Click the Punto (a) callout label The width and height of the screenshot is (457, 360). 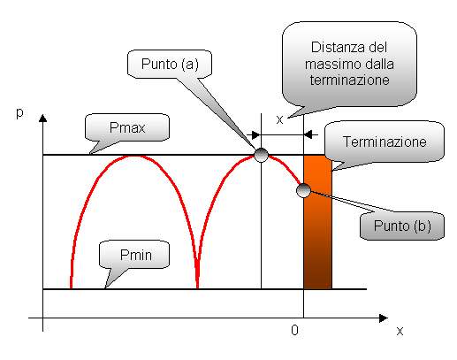pos(170,64)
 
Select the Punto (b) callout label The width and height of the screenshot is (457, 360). pos(402,226)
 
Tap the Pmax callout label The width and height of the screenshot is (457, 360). pos(127,127)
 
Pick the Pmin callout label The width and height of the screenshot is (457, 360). pos(136,255)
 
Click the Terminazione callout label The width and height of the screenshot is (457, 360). pos(385,142)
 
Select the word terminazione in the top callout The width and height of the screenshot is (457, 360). pos(349,80)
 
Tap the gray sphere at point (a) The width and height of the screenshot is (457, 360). pos(261,155)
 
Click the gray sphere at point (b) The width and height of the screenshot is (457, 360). pos(303,190)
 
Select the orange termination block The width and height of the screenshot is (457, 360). pos(317,222)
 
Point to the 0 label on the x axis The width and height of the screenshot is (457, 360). pos(294,330)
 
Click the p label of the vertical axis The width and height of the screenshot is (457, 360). pos(19,113)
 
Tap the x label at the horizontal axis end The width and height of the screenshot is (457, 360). pos(400,331)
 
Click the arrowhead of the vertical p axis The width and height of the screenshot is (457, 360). pos(43,118)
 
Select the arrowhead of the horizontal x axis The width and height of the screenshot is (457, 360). pos(384,318)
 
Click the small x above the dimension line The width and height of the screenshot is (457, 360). pos(279,119)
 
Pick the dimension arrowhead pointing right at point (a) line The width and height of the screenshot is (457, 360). pos(255,135)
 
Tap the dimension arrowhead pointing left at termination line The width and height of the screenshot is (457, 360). pos(308,134)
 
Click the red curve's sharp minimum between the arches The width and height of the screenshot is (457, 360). pos(197,286)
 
